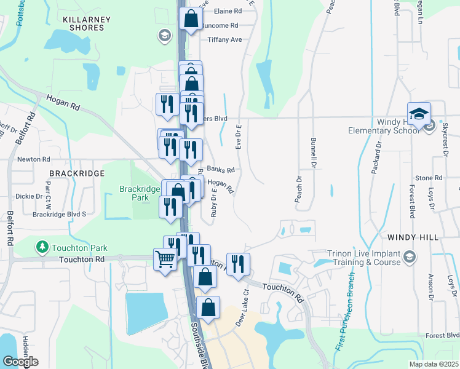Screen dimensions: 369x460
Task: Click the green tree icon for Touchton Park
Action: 42,248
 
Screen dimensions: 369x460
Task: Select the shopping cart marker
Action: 165,260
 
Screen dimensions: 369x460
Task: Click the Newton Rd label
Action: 33,159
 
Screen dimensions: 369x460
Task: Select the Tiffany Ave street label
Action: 224,40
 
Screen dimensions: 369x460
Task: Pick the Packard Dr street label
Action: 376,158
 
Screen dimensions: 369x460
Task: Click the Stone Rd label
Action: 424,178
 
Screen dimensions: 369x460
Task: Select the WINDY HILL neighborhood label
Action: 413,237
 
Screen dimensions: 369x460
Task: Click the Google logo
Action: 20,362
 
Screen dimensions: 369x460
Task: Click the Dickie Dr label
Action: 29,197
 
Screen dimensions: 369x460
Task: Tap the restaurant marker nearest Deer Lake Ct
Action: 238,264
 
